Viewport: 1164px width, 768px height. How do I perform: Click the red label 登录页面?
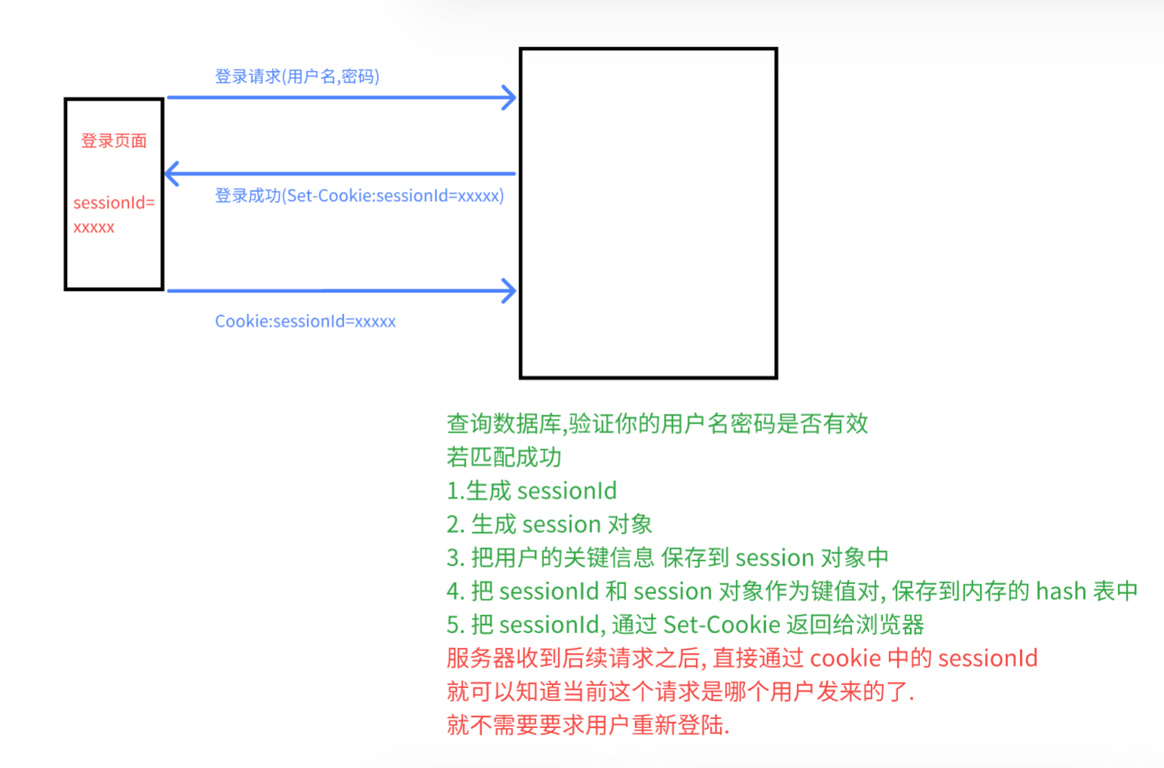(114, 141)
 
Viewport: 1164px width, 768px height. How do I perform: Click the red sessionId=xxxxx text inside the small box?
(113, 214)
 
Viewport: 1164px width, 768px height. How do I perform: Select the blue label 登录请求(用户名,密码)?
(297, 76)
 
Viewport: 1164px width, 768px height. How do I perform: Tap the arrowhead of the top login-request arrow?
(510, 97)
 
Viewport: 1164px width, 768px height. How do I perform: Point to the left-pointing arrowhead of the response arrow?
(172, 173)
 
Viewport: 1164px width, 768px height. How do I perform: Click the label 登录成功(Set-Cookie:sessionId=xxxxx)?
(359, 196)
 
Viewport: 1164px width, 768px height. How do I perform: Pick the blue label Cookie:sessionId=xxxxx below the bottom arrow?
(305, 321)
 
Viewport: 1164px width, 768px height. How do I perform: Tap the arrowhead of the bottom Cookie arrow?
(510, 290)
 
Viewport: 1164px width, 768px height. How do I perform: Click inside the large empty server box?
(648, 213)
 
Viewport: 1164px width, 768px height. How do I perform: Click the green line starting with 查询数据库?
(657, 424)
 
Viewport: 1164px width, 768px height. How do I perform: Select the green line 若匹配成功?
(503, 457)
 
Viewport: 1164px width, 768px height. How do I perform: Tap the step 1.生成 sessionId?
(531, 491)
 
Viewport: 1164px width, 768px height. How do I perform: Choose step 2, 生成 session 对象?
(549, 524)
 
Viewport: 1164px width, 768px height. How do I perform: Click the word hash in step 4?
(1061, 591)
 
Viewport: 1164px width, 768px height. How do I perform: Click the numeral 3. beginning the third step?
(454, 558)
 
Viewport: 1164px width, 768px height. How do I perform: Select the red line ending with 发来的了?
(680, 691)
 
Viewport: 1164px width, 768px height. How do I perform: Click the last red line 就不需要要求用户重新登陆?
(588, 725)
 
